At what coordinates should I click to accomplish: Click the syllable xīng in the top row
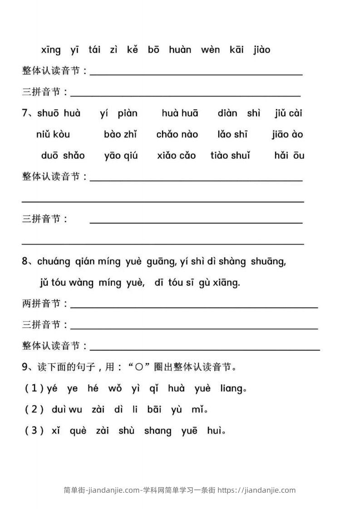(50, 50)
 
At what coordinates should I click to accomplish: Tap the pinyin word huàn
(180, 50)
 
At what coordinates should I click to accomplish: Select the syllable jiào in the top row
(261, 50)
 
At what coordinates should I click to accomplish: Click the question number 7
(25, 113)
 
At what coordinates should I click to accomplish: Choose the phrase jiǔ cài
(288, 113)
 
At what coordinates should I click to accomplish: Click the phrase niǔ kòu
(53, 134)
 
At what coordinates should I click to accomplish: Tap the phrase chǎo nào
(177, 134)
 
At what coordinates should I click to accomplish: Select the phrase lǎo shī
(232, 134)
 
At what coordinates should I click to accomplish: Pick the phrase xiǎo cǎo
(176, 156)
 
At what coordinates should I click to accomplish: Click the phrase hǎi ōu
(289, 156)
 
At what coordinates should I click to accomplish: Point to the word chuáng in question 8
(54, 262)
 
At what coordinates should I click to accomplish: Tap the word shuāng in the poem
(267, 262)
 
